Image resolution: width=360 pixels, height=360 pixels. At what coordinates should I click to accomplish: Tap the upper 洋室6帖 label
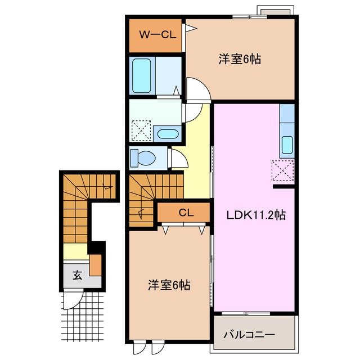(239, 58)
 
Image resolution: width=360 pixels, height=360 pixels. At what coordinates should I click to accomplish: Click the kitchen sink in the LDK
(287, 145)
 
